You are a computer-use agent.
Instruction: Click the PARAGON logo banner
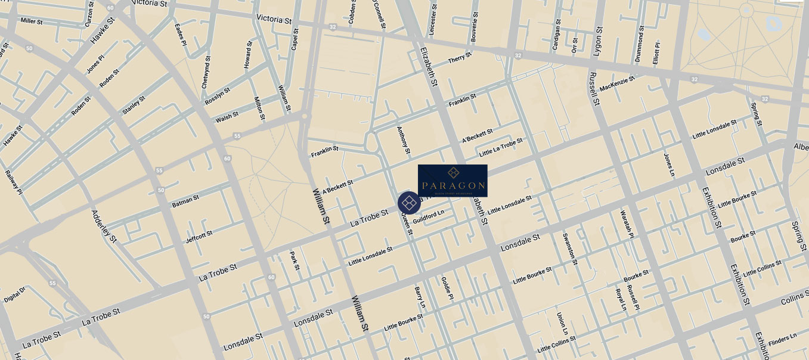[x=452, y=181]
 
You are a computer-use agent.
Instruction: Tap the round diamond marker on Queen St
[x=409, y=203]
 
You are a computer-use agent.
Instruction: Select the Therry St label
[x=460, y=58]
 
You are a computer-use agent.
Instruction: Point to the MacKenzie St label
[x=617, y=83]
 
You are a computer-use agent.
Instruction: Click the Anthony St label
[x=405, y=137]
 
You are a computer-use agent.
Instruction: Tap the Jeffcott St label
[x=199, y=236]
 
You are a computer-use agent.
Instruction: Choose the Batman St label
[x=186, y=201]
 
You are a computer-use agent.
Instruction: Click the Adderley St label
[x=104, y=226]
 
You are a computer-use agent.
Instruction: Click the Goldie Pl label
[x=447, y=287]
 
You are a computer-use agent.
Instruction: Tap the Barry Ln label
[x=420, y=297]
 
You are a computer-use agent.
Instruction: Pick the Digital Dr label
[x=15, y=295]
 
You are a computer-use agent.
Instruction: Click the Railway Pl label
[x=13, y=182]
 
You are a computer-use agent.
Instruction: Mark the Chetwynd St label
[x=206, y=72]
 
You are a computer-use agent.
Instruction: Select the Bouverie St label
[x=475, y=26]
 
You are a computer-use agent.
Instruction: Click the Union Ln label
[x=562, y=323]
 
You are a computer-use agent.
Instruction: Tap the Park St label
[x=294, y=261]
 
